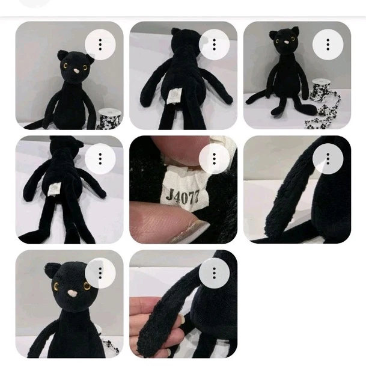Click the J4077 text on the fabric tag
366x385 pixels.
(x=181, y=194)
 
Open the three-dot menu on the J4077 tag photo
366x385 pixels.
(x=215, y=159)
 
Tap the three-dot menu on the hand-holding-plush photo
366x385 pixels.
(x=215, y=273)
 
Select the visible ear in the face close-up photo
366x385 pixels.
(x=50, y=269)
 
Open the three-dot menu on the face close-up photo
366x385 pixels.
(x=100, y=273)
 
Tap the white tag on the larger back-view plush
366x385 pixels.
(x=172, y=95)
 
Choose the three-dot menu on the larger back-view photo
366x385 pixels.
(x=215, y=45)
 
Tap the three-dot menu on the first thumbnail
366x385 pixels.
(x=100, y=45)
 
